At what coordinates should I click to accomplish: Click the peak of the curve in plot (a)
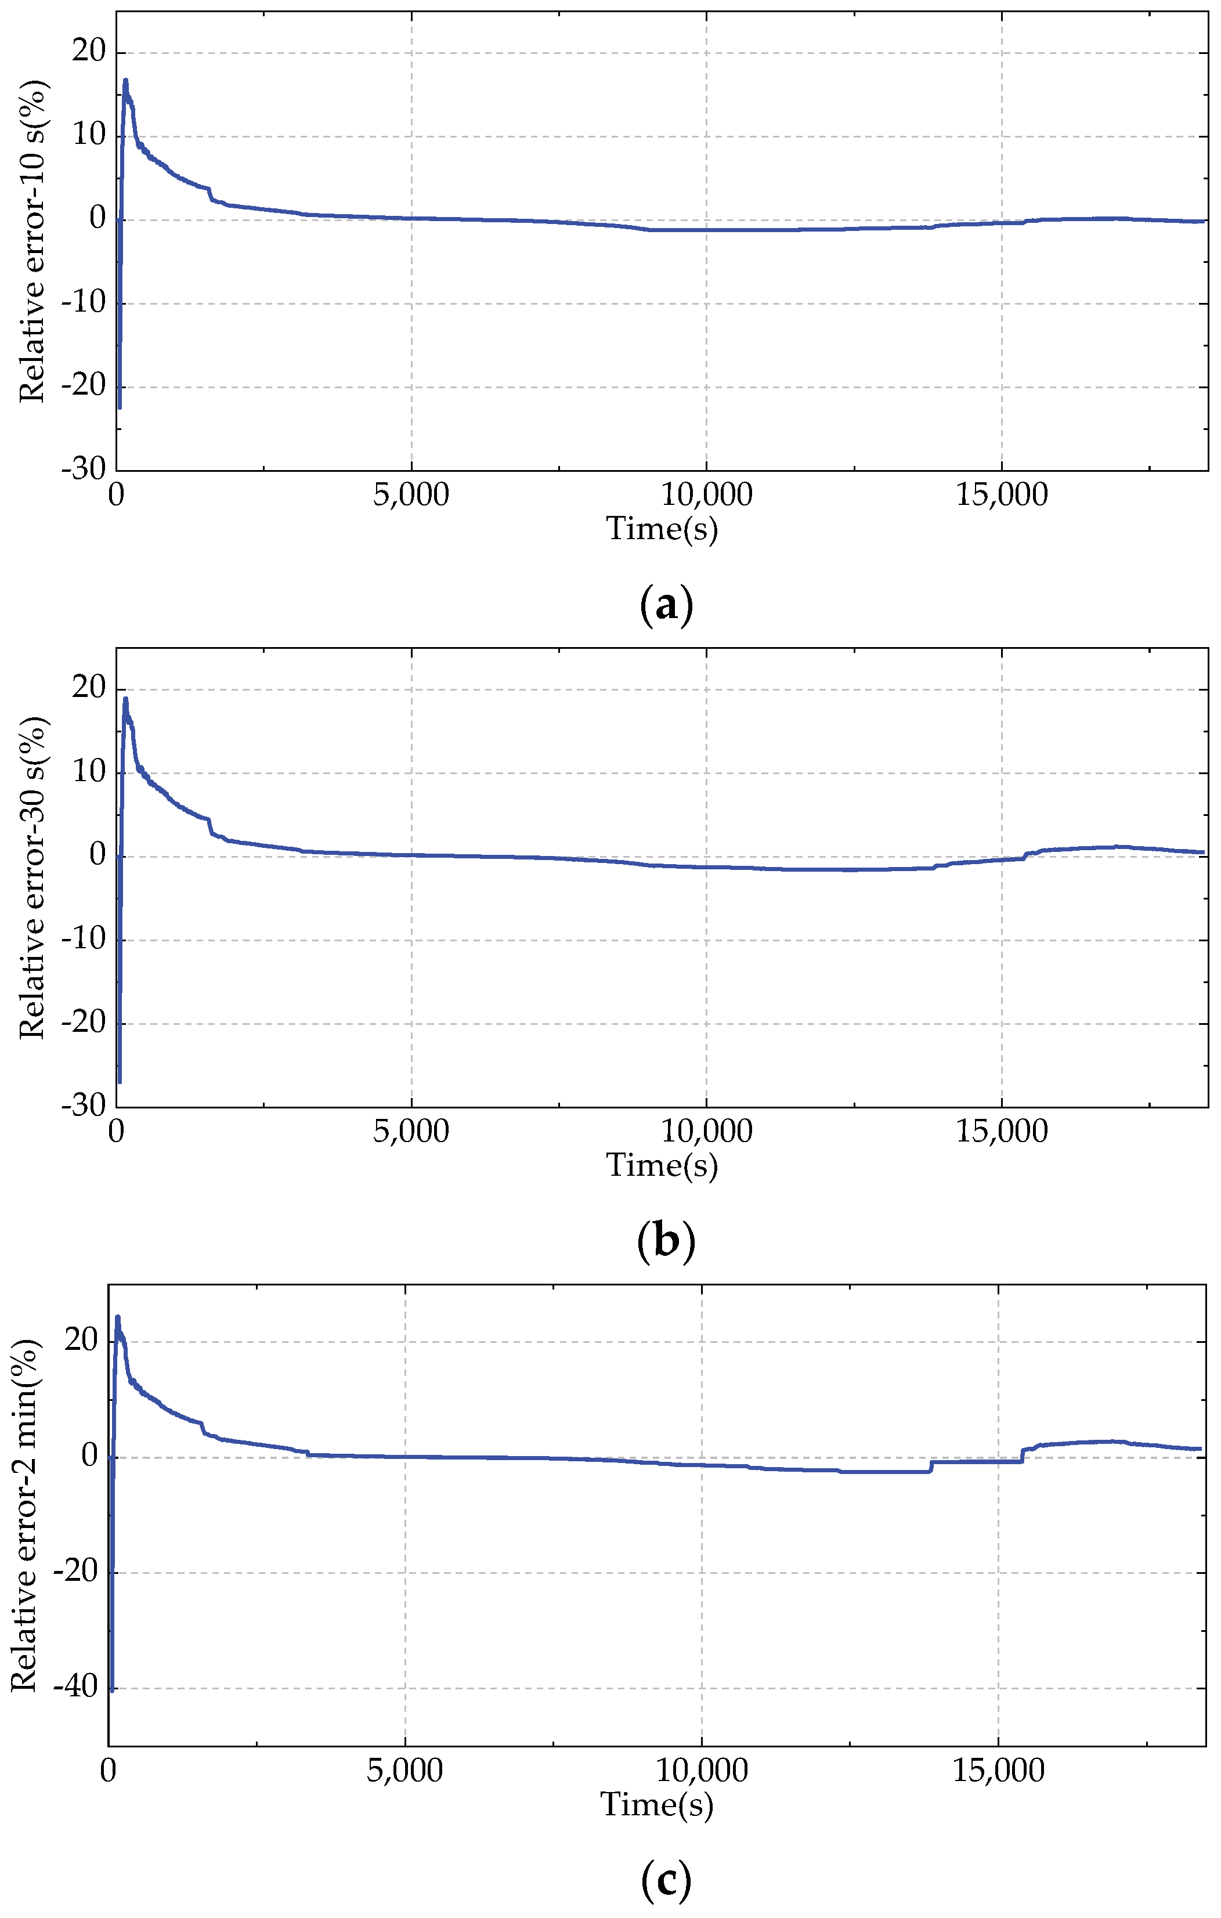coord(125,81)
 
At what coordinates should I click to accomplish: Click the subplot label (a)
coord(666,606)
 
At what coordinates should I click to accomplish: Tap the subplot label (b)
coord(666,1242)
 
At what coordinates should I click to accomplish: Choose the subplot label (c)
coord(666,1877)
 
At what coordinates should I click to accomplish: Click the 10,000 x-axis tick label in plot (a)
coord(706,496)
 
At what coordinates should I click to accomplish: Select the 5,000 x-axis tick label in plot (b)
coord(410,1132)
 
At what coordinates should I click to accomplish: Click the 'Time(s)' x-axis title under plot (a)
coord(662,528)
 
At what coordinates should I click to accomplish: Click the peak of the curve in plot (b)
coord(125,699)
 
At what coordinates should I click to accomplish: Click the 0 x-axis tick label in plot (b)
coord(116,1132)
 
